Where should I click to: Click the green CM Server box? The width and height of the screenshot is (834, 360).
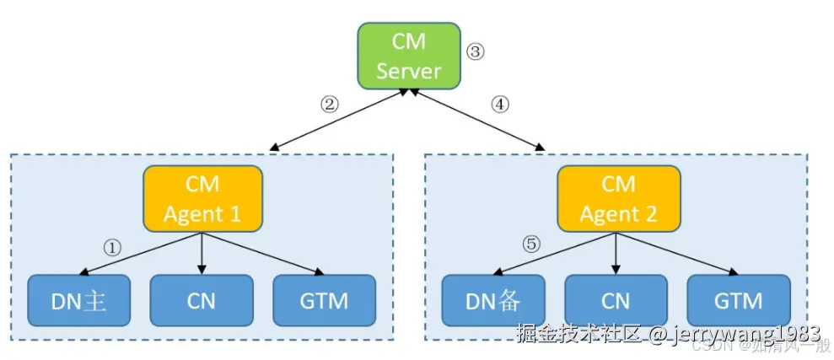[x=409, y=56]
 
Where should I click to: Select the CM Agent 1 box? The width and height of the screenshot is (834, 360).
[x=202, y=199]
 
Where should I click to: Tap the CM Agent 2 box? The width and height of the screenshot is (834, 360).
[x=618, y=199]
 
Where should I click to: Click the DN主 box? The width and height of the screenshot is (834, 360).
[x=78, y=300]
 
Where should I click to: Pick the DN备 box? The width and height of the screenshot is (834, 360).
[x=493, y=300]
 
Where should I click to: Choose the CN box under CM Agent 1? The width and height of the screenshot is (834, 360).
[x=202, y=300]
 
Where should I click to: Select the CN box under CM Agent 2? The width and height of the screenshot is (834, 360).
[x=616, y=300]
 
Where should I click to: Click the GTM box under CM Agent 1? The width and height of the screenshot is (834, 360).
[x=325, y=300]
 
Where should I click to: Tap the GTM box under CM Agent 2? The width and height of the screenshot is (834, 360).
[x=739, y=300]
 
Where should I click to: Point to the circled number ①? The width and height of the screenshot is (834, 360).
[x=112, y=247]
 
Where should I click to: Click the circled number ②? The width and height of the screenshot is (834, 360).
[x=329, y=105]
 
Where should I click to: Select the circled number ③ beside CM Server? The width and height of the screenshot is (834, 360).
[x=476, y=51]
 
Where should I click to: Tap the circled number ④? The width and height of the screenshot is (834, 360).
[x=501, y=105]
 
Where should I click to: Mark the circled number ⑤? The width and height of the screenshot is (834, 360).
[x=530, y=245]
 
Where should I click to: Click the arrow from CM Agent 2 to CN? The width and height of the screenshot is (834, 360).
[x=617, y=253]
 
